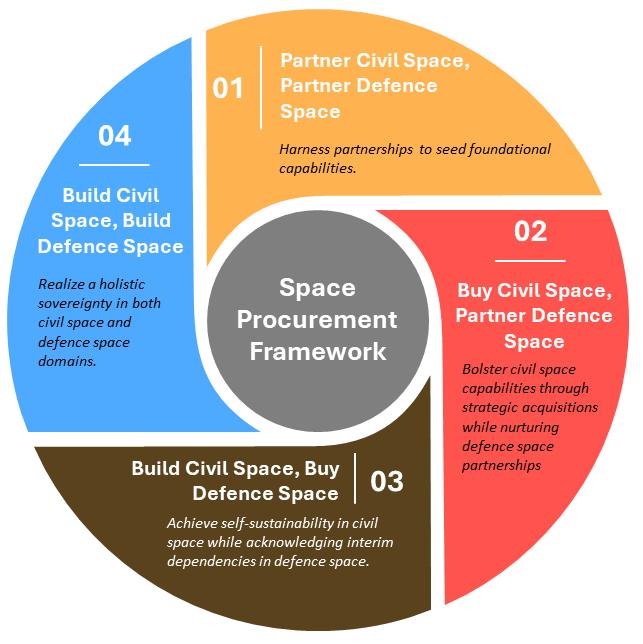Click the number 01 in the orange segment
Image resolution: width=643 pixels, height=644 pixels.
228,88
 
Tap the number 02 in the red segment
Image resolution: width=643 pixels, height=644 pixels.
530,231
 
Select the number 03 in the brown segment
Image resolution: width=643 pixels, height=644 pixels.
386,482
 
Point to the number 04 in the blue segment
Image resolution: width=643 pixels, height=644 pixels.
114,135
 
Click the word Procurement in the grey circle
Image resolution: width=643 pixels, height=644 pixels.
322,321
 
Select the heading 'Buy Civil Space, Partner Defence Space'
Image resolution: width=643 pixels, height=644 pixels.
534,315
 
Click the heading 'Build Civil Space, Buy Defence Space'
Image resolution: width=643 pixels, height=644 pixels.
236,481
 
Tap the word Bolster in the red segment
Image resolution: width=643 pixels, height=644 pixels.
485,369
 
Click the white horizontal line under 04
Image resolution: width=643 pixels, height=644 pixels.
114,163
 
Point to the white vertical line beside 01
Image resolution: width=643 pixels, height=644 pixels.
261,88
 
